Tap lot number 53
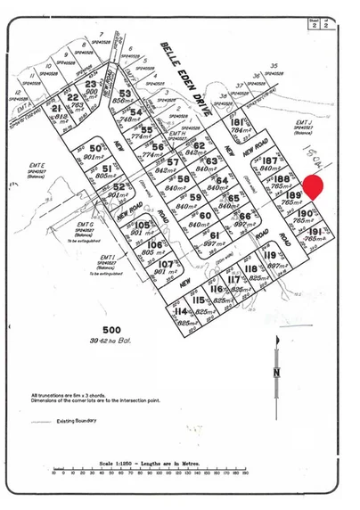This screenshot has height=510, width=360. click(x=125, y=94)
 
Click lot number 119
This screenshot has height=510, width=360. click(x=269, y=254)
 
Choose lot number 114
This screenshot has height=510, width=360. click(x=181, y=311)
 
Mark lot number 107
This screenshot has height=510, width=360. click(x=165, y=265)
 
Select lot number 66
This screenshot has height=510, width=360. click(x=245, y=216)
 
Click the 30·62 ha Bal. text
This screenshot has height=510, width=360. click(x=111, y=341)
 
